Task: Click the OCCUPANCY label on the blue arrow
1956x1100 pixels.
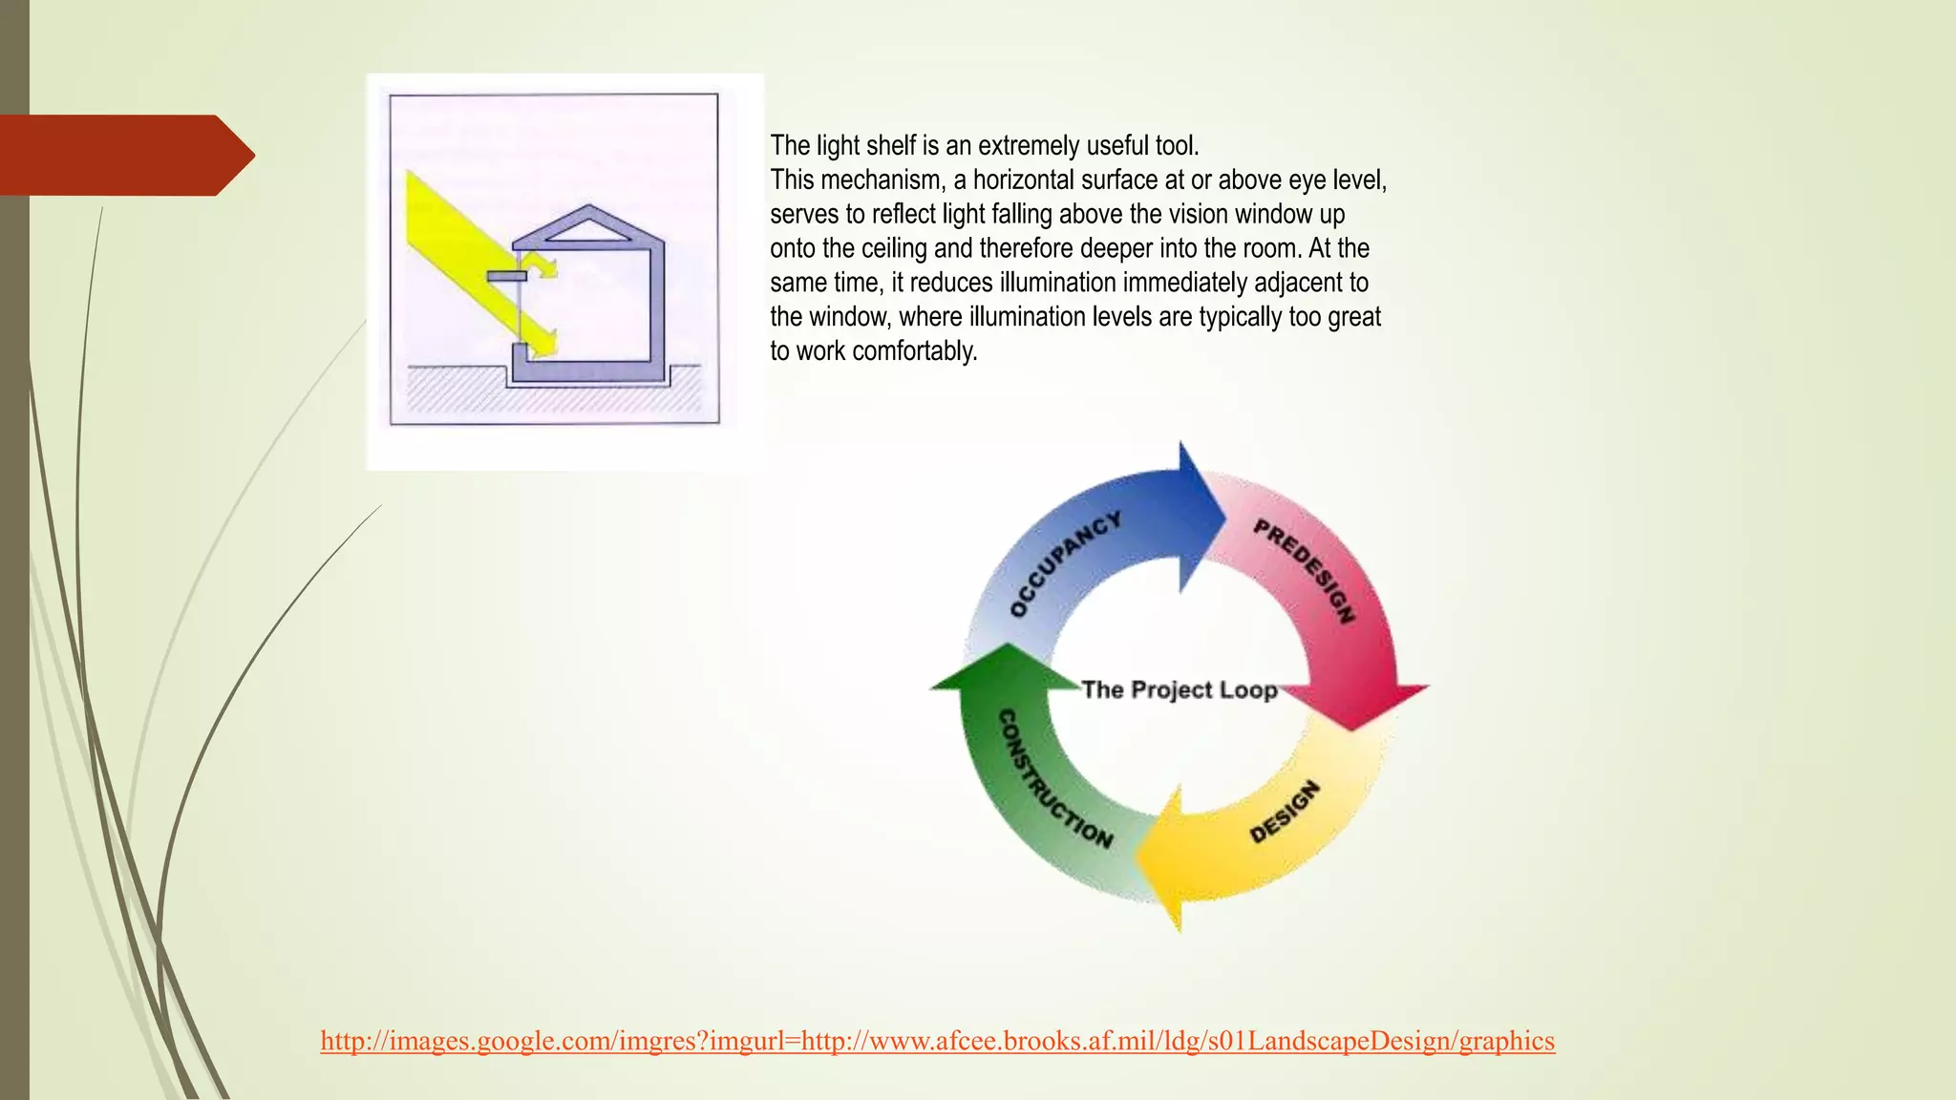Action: point(1065,564)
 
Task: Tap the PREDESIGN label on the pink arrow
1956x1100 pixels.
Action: point(1305,571)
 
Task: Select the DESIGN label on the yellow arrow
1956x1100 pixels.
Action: point(1286,812)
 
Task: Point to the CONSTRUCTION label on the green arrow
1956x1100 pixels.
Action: point(1054,779)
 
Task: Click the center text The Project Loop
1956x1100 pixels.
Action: point(1180,689)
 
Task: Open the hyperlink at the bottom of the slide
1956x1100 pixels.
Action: point(937,1040)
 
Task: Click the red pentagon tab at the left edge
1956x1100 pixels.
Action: point(124,155)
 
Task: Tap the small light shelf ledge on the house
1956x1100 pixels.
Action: point(506,276)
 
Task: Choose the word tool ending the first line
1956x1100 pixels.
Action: point(1176,146)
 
